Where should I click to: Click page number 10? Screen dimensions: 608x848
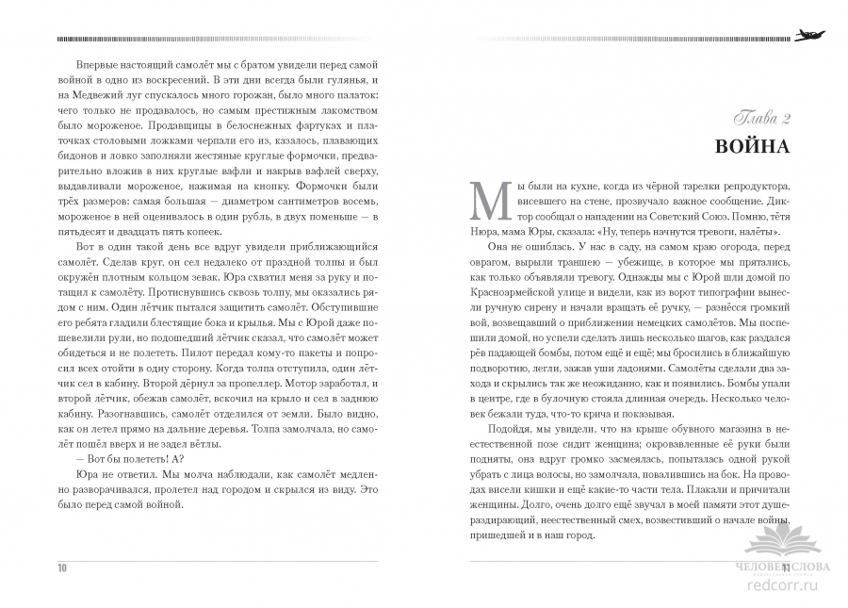[62, 567]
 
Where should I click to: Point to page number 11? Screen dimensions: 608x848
[786, 567]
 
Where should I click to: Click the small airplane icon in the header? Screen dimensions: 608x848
[807, 36]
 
